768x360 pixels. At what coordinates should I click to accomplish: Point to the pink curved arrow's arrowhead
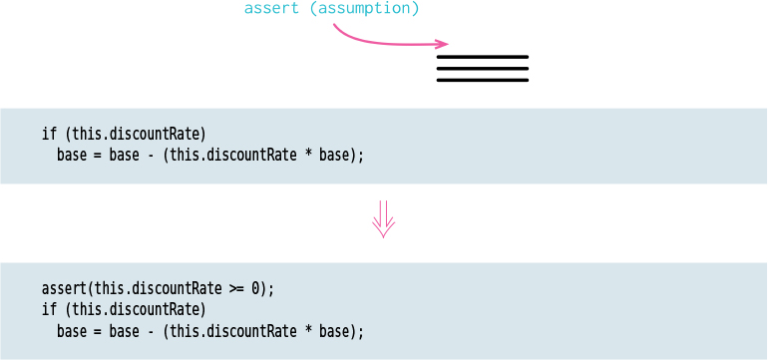point(443,44)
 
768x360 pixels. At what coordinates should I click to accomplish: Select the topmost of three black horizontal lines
point(483,57)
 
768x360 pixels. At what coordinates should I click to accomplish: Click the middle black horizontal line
point(483,69)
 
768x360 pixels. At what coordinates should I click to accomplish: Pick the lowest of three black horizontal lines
point(483,80)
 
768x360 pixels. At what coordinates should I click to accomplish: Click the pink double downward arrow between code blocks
point(384,219)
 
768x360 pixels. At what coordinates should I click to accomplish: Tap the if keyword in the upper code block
point(49,134)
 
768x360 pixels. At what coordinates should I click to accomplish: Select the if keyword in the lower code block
point(49,309)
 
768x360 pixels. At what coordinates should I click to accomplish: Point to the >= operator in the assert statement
point(236,288)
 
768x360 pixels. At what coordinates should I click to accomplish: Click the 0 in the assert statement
point(255,288)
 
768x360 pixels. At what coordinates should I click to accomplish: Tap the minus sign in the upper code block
point(149,156)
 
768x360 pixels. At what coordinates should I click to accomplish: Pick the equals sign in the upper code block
point(98,156)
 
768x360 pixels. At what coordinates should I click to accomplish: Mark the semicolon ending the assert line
point(270,289)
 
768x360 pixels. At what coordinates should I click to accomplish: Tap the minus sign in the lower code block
point(149,331)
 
